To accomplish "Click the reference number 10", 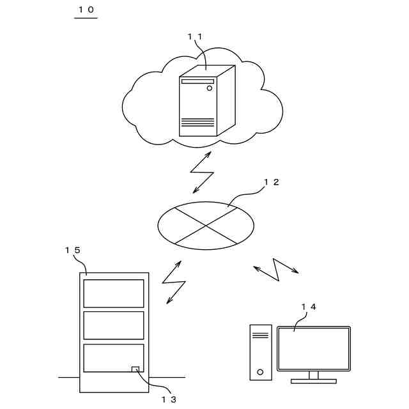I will tap(86, 10).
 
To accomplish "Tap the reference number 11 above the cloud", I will tap(195, 36).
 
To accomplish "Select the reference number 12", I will tap(272, 182).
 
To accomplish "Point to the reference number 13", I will tap(169, 399).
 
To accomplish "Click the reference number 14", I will tap(309, 307).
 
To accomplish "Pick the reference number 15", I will tap(73, 250).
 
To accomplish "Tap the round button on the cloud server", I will tap(209, 88).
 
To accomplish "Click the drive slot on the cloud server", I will tap(197, 81).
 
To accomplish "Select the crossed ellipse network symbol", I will tap(206, 225).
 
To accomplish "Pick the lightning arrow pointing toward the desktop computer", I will tap(276, 268).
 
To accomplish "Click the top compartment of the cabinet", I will tap(114, 293).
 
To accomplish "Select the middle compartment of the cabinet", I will tap(114, 325).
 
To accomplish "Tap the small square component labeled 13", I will tap(135, 369).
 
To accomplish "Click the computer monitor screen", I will tap(313, 348).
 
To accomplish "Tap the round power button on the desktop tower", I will tap(260, 371).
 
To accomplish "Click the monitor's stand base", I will tap(313, 381).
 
